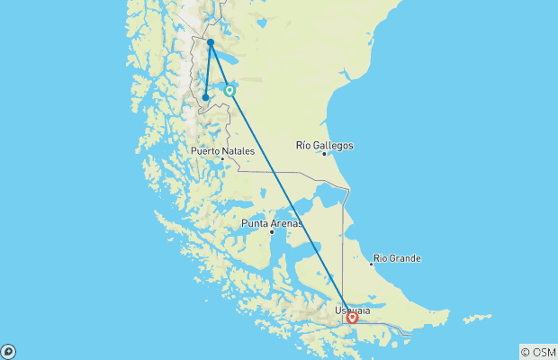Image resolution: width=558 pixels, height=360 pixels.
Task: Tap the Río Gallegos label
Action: pos(324,145)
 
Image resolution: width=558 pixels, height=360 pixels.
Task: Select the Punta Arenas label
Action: pos(272,223)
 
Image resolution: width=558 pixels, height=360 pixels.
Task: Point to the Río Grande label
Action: pos(397,258)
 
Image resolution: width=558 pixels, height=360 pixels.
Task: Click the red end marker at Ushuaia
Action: pos(352,318)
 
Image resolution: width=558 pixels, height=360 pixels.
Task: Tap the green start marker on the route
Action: pos(230,91)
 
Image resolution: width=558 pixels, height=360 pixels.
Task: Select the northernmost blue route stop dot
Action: pos(211,42)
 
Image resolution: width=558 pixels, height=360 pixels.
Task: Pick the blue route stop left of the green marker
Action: pos(206,97)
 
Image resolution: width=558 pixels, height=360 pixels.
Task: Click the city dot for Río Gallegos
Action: pos(324,154)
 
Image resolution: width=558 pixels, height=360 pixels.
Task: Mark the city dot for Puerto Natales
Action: pos(222,160)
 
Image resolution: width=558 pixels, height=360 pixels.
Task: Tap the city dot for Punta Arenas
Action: pos(272,232)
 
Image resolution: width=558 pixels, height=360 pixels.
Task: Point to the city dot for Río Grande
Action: pos(372,264)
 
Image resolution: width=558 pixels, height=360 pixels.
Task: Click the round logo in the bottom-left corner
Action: pos(8,351)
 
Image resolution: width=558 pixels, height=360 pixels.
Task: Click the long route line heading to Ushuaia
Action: pos(291,204)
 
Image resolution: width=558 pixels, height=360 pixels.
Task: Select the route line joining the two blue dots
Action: pos(208,70)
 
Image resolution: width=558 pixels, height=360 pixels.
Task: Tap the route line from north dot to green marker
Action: pos(220,67)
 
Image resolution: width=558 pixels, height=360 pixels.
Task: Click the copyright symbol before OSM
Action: pos(525,352)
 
